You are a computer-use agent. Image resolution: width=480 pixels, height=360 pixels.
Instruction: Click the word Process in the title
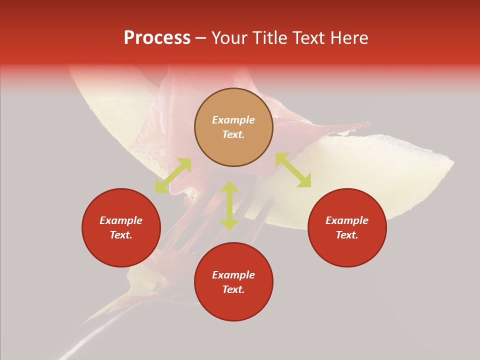pyautogui.click(x=157, y=38)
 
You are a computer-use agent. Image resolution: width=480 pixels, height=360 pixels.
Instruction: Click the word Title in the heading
pyautogui.click(x=269, y=38)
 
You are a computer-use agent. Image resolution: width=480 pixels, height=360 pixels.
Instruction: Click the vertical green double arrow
pyautogui.click(x=229, y=205)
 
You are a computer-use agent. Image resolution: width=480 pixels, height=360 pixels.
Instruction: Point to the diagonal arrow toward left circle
pyautogui.click(x=173, y=175)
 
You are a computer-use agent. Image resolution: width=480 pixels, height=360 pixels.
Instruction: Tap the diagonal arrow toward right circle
pyautogui.click(x=293, y=170)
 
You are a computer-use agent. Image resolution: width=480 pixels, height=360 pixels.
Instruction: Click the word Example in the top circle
pyautogui.click(x=233, y=120)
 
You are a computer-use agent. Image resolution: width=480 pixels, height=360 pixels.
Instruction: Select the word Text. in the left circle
pyautogui.click(x=121, y=235)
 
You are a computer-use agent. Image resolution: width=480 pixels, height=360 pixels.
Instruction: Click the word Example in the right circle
pyautogui.click(x=347, y=220)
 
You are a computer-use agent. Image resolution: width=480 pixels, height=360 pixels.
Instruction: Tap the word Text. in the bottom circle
pyautogui.click(x=233, y=289)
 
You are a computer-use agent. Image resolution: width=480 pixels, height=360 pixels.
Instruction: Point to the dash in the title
pyautogui.click(x=201, y=38)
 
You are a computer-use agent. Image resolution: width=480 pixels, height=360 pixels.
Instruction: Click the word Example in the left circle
pyautogui.click(x=121, y=220)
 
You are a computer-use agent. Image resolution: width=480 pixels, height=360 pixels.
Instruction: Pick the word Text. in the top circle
pyautogui.click(x=233, y=134)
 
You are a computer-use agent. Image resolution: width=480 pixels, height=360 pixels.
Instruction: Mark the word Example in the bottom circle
pyautogui.click(x=233, y=275)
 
